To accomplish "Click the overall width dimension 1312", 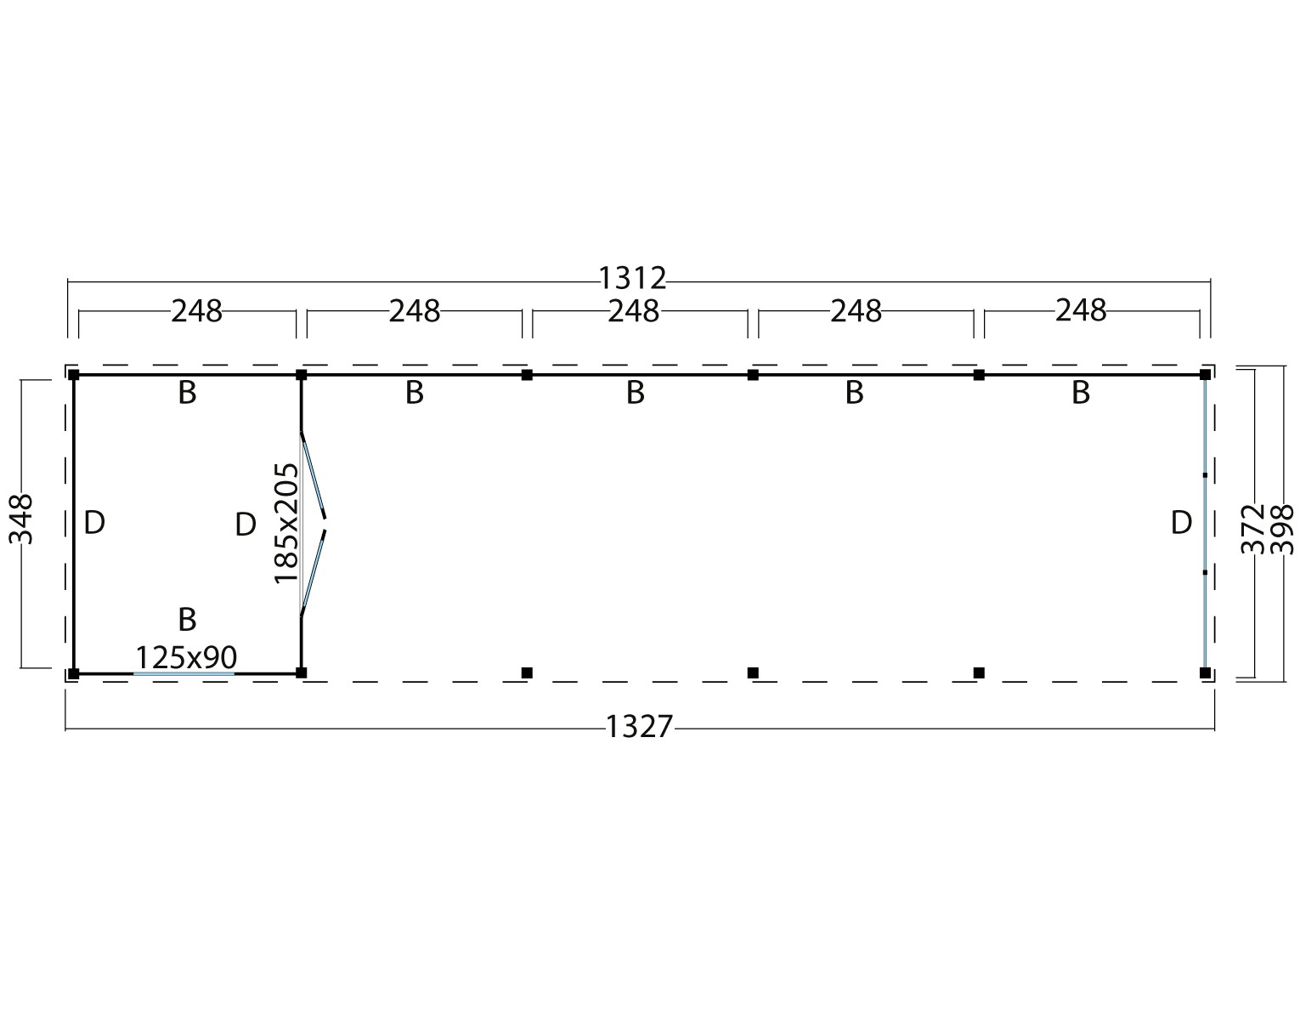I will click(632, 277).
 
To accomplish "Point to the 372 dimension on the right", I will click(1253, 529).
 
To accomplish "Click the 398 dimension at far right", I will click(1281, 529).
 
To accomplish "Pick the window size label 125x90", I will click(186, 656).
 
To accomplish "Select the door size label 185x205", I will click(285, 523).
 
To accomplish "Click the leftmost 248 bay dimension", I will click(196, 311).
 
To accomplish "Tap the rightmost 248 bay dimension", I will click(1081, 310).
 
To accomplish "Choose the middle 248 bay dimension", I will click(634, 311).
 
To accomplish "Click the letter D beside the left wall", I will click(94, 523).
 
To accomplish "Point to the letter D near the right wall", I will click(1181, 523).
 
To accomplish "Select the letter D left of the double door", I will click(245, 525).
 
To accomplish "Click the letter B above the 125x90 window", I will click(187, 619).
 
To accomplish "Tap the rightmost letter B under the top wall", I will click(1081, 393).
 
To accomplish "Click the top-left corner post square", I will click(74, 375).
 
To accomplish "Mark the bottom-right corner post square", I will click(1205, 672).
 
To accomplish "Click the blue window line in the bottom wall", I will click(184, 673).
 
